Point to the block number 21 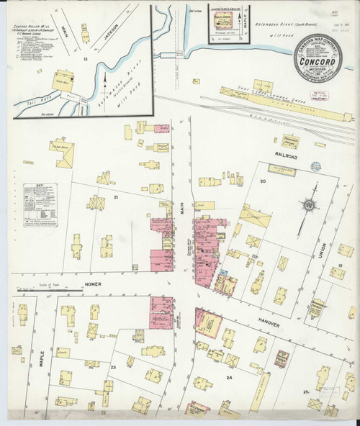[114, 196]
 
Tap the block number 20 [263, 181]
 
